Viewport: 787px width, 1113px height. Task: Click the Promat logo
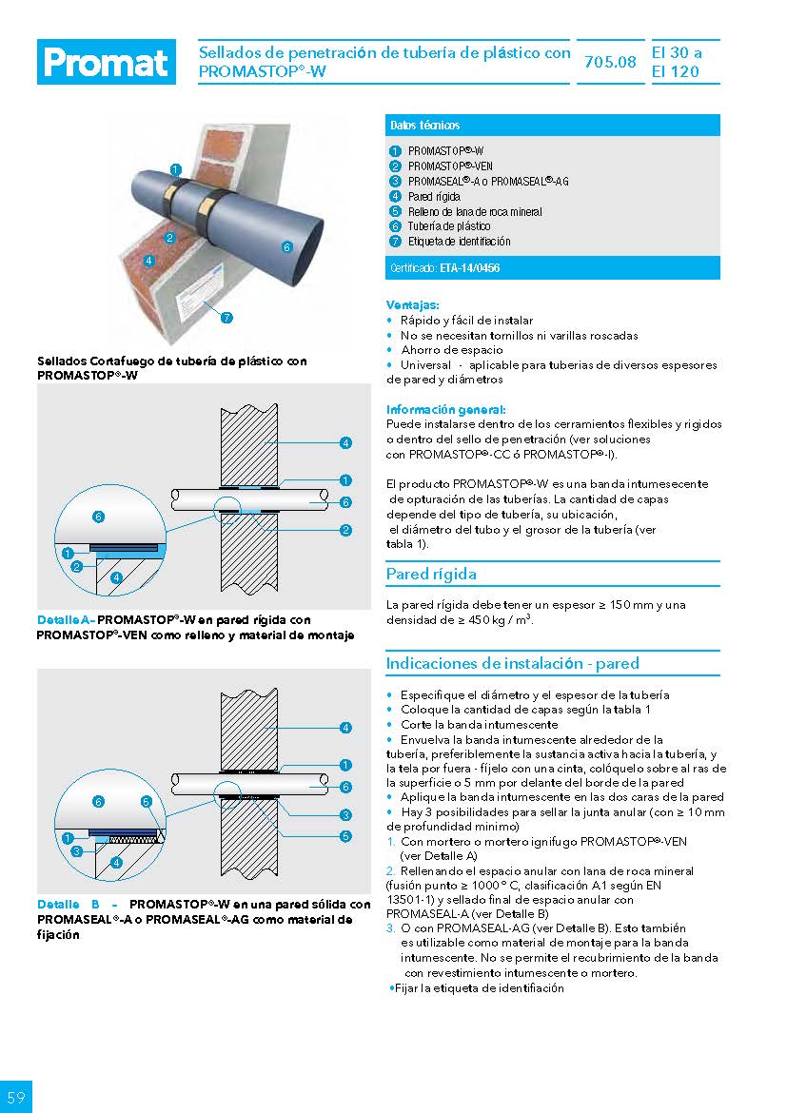pyautogui.click(x=107, y=63)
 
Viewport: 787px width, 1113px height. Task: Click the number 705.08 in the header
pyautogui.click(x=610, y=63)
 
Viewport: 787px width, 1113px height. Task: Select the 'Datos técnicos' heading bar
pyautogui.click(x=553, y=126)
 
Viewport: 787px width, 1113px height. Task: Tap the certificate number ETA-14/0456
pyautogui.click(x=470, y=269)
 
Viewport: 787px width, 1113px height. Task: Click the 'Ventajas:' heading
pyautogui.click(x=413, y=305)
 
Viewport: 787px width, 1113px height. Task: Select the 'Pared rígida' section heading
pyautogui.click(x=431, y=574)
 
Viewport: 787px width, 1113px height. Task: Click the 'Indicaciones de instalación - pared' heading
pyautogui.click(x=512, y=663)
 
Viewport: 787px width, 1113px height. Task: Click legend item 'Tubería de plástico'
pyautogui.click(x=449, y=226)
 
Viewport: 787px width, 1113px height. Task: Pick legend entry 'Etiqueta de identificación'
pyautogui.click(x=459, y=242)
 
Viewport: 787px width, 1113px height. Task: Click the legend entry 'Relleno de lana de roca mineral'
pyautogui.click(x=475, y=211)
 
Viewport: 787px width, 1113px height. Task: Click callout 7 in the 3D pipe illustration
pyautogui.click(x=226, y=318)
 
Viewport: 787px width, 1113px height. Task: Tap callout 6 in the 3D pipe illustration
pyautogui.click(x=286, y=247)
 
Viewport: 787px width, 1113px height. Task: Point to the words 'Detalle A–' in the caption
pyautogui.click(x=66, y=620)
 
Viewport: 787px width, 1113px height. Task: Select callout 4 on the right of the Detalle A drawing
pyautogui.click(x=345, y=442)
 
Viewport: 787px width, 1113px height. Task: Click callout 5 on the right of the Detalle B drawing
pyautogui.click(x=345, y=836)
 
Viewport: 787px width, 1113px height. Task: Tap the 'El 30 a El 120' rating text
pyautogui.click(x=677, y=63)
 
